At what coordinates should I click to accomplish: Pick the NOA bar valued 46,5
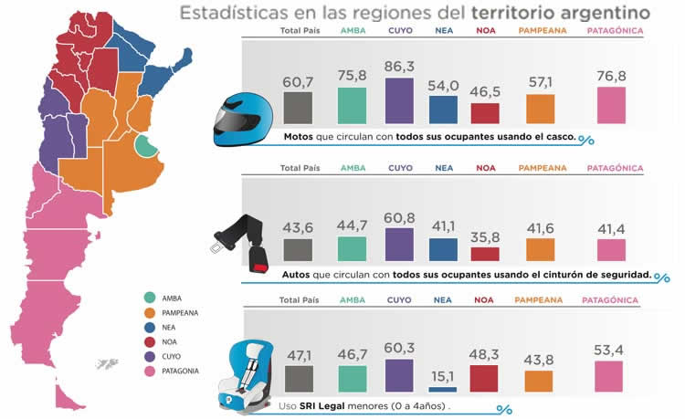pos(485,113)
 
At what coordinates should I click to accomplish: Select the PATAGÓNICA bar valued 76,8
pos(611,105)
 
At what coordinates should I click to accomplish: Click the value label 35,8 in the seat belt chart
pos(485,236)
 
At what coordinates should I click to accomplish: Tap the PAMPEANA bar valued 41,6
pos(540,250)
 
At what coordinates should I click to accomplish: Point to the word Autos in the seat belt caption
pos(300,274)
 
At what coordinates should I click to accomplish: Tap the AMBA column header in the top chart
pos(352,30)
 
